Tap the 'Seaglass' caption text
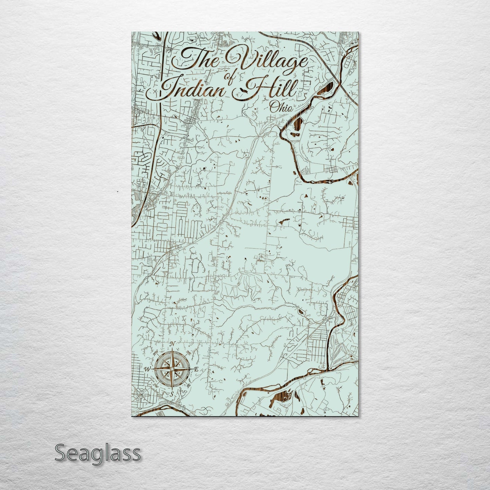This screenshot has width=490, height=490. pyautogui.click(x=97, y=453)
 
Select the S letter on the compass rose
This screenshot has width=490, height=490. pyautogui.click(x=172, y=394)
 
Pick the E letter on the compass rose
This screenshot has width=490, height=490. pyautogui.click(x=196, y=370)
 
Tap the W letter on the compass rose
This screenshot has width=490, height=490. pyautogui.click(x=148, y=369)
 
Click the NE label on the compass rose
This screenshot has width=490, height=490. pyautogui.click(x=189, y=353)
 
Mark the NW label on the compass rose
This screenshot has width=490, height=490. pyautogui.click(x=156, y=352)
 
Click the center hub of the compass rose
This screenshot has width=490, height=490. pyautogui.click(x=172, y=369)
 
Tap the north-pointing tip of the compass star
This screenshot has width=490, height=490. pyautogui.click(x=172, y=349)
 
